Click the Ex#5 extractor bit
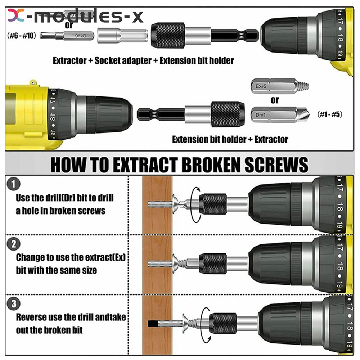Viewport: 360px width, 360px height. tap(279, 86)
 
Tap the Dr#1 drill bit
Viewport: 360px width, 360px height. tap(280, 114)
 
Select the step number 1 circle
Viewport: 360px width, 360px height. tap(14, 184)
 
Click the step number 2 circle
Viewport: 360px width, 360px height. tap(14, 244)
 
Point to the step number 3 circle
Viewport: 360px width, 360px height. tap(14, 304)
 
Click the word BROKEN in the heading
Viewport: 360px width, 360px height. tap(211, 165)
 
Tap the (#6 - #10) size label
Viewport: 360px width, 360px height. tap(22, 36)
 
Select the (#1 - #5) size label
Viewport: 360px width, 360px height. tap(330, 114)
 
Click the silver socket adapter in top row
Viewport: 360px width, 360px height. tap(122, 36)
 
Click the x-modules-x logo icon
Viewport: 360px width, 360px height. tap(16, 15)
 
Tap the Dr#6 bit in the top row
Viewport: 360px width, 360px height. tap(67, 36)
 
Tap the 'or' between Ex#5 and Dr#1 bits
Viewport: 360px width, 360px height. tap(275, 100)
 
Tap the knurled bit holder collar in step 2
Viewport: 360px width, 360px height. tap(212, 264)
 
